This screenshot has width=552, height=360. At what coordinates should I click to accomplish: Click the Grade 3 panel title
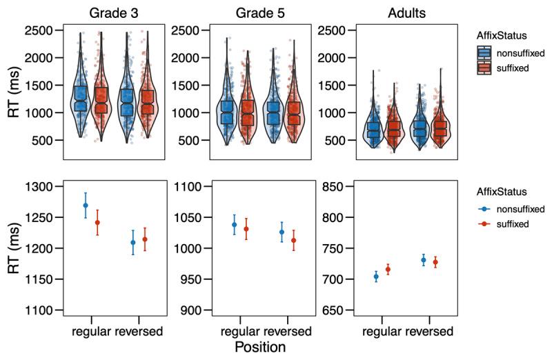[x=114, y=12]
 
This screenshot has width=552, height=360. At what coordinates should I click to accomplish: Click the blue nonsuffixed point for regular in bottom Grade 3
[x=86, y=205]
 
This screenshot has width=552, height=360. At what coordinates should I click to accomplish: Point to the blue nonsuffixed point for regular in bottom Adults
[x=376, y=277]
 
